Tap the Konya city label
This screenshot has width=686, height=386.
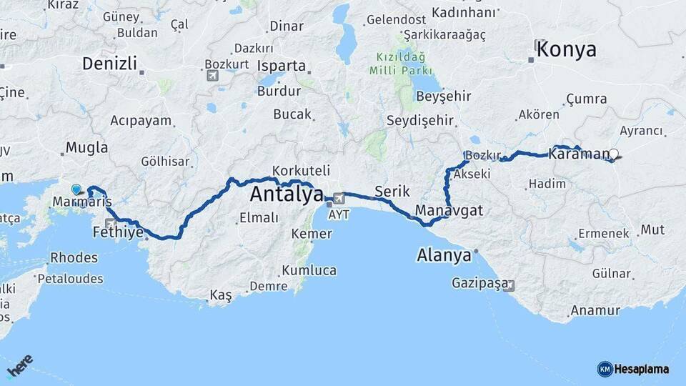tap(566, 49)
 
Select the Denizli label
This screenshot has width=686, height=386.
tap(109, 63)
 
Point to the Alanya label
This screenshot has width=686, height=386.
tap(444, 255)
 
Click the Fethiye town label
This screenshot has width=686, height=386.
tap(118, 233)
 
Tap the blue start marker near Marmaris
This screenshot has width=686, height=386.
tap(76, 189)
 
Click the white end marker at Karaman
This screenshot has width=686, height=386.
tap(613, 153)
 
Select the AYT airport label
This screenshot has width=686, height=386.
tap(339, 214)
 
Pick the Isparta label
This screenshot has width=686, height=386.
tap(282, 66)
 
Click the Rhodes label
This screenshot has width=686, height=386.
tap(74, 258)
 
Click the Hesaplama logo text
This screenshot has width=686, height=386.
tap(642, 369)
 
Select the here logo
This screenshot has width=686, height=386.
tap(20, 367)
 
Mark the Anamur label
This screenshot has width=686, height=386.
tap(594, 311)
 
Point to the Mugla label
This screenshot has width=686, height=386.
tap(86, 148)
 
